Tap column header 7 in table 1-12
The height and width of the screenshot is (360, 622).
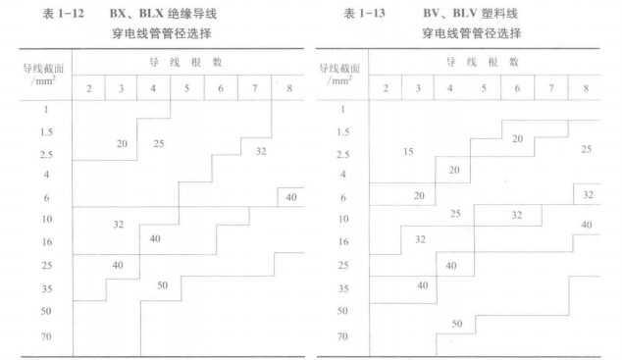[x=254, y=87]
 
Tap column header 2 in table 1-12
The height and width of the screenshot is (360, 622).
[x=88, y=87]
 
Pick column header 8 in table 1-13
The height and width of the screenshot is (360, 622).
[x=586, y=87]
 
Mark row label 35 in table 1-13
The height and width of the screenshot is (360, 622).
[x=343, y=288]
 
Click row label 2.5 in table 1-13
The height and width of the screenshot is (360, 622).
[x=343, y=155]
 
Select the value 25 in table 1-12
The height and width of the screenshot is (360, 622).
[x=159, y=144]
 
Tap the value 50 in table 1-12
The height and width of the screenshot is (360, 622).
[x=163, y=285]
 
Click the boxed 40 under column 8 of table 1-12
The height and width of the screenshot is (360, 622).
[x=291, y=197]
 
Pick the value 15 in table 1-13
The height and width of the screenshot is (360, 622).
[x=409, y=151]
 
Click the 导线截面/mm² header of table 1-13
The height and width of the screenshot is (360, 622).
[x=343, y=76]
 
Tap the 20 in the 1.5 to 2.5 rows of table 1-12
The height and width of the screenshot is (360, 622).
[x=122, y=144]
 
